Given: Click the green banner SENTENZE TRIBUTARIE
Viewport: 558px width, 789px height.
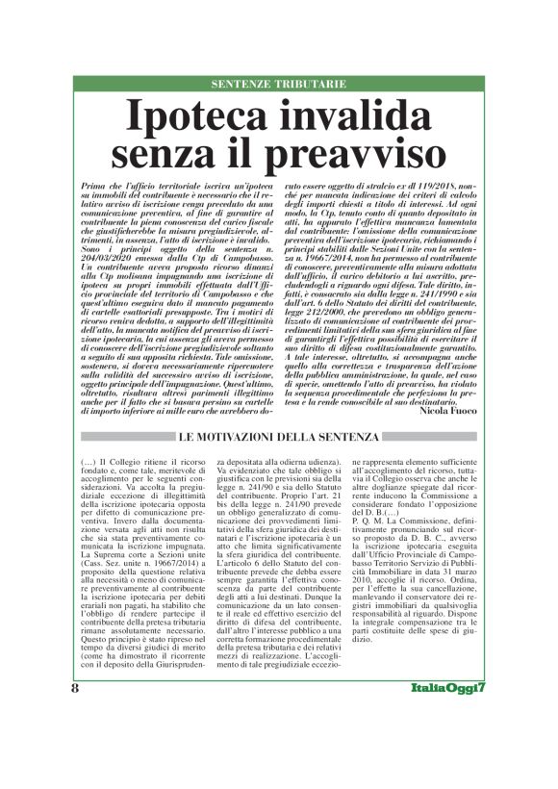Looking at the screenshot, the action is point(278,85).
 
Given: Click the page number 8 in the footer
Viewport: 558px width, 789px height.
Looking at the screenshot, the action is point(75,743).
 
